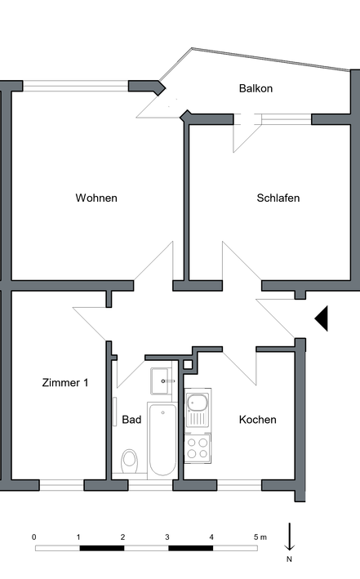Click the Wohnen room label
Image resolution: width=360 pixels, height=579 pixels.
[96, 198]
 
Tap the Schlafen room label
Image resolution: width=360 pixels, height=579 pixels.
[278, 198]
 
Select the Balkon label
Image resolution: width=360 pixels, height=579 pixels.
[256, 89]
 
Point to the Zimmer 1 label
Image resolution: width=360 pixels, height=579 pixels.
[65, 382]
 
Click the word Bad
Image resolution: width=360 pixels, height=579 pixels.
[131, 420]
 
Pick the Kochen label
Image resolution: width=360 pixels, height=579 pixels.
[258, 420]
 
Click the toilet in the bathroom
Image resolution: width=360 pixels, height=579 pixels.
[129, 461]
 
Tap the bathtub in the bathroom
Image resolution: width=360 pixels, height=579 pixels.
[162, 439]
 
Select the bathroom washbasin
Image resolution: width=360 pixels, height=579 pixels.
[162, 381]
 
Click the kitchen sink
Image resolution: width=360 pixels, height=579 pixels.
[198, 408]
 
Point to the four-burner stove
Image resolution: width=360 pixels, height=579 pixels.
[198, 448]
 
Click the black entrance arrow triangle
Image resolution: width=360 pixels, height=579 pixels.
[322, 318]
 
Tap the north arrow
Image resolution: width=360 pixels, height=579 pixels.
[290, 537]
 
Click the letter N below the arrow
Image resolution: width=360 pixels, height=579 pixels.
[289, 559]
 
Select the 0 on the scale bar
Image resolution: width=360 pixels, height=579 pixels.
[34, 537]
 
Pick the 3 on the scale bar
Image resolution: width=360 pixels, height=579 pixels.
[167, 537]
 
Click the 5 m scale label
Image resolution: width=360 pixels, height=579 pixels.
[260, 537]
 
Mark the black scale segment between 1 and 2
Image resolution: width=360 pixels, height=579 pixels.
[102, 548]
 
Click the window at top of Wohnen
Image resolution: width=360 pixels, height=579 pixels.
[75, 86]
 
